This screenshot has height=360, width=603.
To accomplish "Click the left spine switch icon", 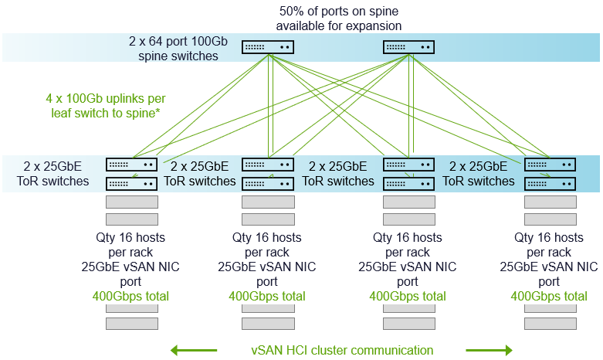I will pyautogui.click(x=268, y=47).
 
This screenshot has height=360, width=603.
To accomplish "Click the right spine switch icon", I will pyautogui.click(x=409, y=47).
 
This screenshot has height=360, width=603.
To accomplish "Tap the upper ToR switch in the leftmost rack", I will pyautogui.click(x=131, y=165).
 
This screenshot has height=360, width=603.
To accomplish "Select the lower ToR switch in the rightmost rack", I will pyautogui.click(x=550, y=183).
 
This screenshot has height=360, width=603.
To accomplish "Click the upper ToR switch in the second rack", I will pyautogui.click(x=268, y=165).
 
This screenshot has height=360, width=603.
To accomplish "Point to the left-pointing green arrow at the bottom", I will pyautogui.click(x=193, y=350).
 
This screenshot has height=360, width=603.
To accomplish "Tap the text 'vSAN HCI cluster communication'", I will pyautogui.click(x=342, y=350).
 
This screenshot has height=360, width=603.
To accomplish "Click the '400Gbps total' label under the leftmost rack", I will pyautogui.click(x=130, y=296).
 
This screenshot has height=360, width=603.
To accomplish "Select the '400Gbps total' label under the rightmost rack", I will pyautogui.click(x=549, y=296).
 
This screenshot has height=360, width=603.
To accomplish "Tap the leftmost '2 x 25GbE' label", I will pyautogui.click(x=53, y=165).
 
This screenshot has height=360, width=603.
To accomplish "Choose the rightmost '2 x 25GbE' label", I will pyautogui.click(x=479, y=165).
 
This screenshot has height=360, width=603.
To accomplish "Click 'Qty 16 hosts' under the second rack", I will pyautogui.click(x=267, y=237).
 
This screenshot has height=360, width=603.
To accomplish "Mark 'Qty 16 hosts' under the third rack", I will pyautogui.click(x=408, y=237).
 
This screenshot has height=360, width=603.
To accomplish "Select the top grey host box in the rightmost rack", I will pyautogui.click(x=550, y=202).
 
